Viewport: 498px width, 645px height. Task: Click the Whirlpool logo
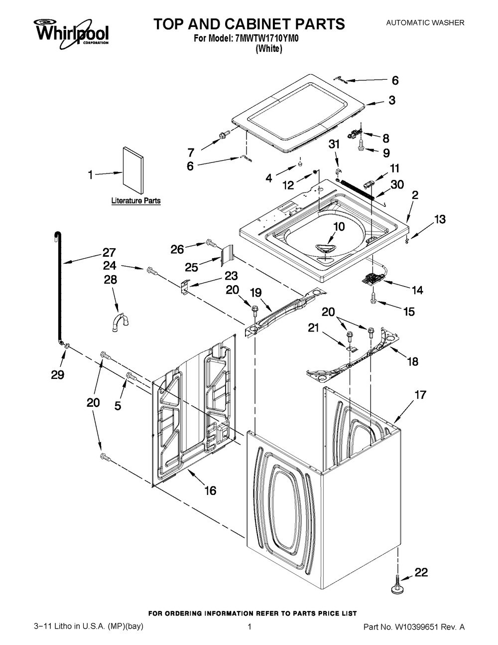(x=71, y=33)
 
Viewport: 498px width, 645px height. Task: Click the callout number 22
(x=421, y=572)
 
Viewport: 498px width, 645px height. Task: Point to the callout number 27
(x=109, y=253)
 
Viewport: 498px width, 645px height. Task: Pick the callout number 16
(x=211, y=490)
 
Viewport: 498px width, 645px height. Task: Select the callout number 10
(x=339, y=226)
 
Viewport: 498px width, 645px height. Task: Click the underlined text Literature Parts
(x=136, y=201)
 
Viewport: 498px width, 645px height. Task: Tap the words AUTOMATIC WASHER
(x=425, y=22)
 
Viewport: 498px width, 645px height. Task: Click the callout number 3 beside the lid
(x=392, y=100)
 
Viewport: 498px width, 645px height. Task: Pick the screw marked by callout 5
(x=131, y=376)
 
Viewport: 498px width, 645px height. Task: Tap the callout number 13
(x=440, y=219)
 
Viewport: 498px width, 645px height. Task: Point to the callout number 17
(x=421, y=395)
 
